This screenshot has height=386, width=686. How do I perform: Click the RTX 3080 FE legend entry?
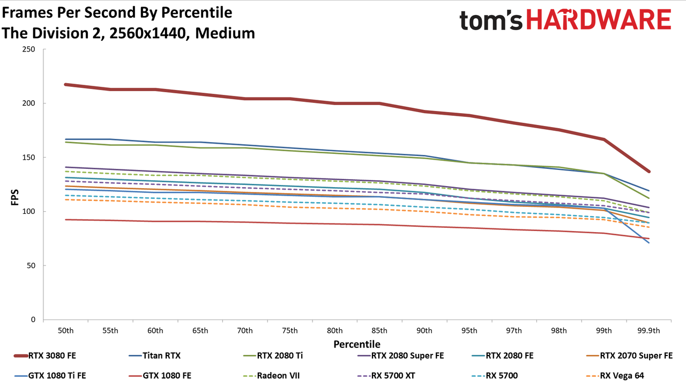pos(45,355)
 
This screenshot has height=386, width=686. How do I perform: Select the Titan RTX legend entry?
pos(155,355)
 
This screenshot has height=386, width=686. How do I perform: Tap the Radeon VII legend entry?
pos(271,376)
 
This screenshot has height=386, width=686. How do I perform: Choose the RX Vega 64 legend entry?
pos(615,376)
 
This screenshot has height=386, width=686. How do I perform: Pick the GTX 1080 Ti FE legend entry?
pos(50,376)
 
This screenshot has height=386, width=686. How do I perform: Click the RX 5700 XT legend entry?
pos(386,376)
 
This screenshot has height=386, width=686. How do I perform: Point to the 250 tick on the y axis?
pos(28,49)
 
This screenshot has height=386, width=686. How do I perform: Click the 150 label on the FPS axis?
pos(28,158)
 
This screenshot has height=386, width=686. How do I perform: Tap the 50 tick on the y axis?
pos(31,265)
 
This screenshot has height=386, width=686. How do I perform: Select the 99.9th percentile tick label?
pos(648,331)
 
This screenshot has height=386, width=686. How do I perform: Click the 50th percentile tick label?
pos(65,331)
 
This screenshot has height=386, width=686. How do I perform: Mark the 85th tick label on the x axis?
pos(379,331)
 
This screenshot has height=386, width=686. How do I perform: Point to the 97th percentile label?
pos(514,331)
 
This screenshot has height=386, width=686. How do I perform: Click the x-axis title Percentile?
pos(357,344)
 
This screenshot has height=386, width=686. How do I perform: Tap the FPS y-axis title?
pos(15,197)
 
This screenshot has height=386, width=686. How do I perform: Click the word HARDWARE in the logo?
pos(599,20)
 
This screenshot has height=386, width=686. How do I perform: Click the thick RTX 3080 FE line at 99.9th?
pos(648,172)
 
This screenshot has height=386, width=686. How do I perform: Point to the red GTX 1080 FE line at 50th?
pos(65,220)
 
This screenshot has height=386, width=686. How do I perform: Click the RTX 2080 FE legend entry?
pos(503,355)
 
